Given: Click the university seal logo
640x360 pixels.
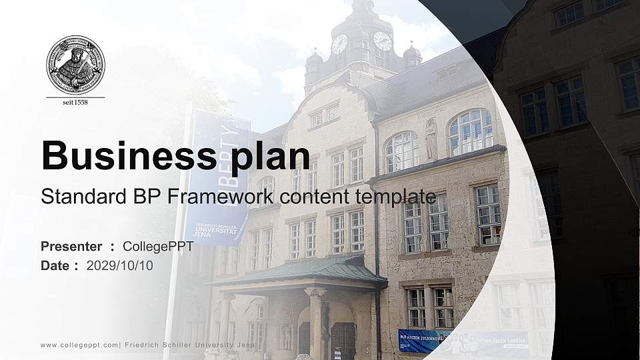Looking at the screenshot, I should point(75,65).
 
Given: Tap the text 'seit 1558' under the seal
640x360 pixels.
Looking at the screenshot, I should point(75,102).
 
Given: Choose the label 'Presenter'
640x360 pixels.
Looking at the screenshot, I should point(71,247).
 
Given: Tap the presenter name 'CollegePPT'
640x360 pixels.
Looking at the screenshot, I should point(158,247).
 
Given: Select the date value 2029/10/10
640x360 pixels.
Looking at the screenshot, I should point(120,266).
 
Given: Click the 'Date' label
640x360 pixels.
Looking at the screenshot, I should point(55,266).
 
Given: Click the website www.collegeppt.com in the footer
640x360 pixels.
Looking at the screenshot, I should point(79,345).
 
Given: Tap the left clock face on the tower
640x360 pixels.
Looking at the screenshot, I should point(339,44).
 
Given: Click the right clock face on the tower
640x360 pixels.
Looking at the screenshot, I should point(383,41).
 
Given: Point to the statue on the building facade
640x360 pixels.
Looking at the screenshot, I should point(431,139).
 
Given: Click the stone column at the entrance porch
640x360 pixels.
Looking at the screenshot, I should point(315,323).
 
